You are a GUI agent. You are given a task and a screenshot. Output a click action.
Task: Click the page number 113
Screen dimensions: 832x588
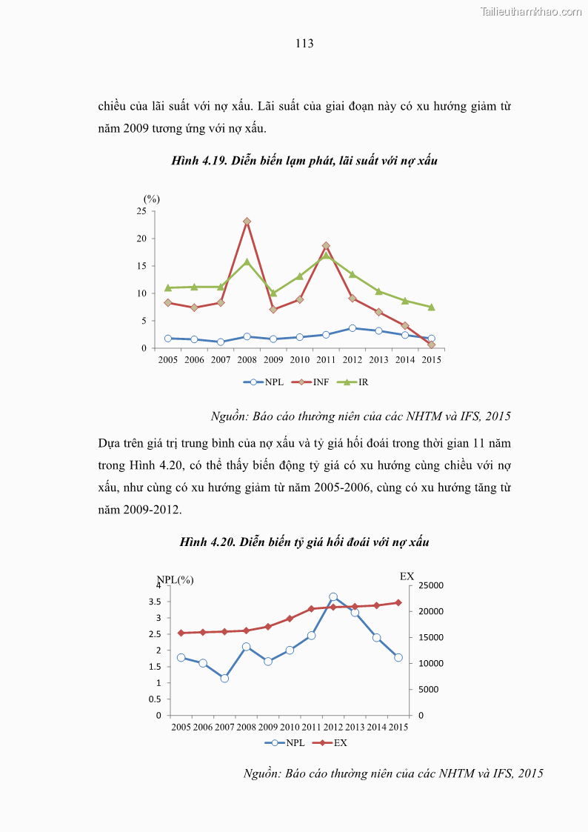coord(304,44)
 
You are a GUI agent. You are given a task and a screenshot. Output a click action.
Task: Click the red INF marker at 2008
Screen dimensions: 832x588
coord(247,222)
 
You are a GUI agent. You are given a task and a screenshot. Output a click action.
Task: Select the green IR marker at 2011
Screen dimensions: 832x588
coord(326,256)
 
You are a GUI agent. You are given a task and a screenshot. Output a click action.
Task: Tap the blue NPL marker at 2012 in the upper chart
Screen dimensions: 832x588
coord(353,327)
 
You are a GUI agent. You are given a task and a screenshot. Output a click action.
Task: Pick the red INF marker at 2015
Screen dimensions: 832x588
coord(432,345)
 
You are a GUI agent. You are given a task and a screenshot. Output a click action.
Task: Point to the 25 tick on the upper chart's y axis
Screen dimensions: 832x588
coord(141,211)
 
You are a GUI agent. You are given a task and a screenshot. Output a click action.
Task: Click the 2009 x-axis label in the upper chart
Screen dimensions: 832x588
coord(273,360)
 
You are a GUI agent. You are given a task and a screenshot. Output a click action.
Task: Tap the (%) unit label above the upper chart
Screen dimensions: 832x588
coord(151,199)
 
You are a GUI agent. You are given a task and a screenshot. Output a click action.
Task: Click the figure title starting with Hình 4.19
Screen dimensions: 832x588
coord(304,160)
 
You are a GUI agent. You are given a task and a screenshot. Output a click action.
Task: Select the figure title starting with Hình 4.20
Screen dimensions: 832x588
coord(304,542)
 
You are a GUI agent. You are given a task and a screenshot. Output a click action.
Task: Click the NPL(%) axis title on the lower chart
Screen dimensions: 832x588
coord(175,579)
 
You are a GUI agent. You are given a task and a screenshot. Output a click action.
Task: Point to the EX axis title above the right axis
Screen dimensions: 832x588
coord(407,576)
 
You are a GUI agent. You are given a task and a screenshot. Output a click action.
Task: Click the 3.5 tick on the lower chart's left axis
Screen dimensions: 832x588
coord(155,602)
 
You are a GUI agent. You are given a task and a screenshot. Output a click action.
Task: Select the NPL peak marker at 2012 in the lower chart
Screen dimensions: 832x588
coord(333,596)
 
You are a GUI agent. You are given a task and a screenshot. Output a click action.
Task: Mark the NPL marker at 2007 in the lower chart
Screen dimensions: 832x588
coord(224,678)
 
